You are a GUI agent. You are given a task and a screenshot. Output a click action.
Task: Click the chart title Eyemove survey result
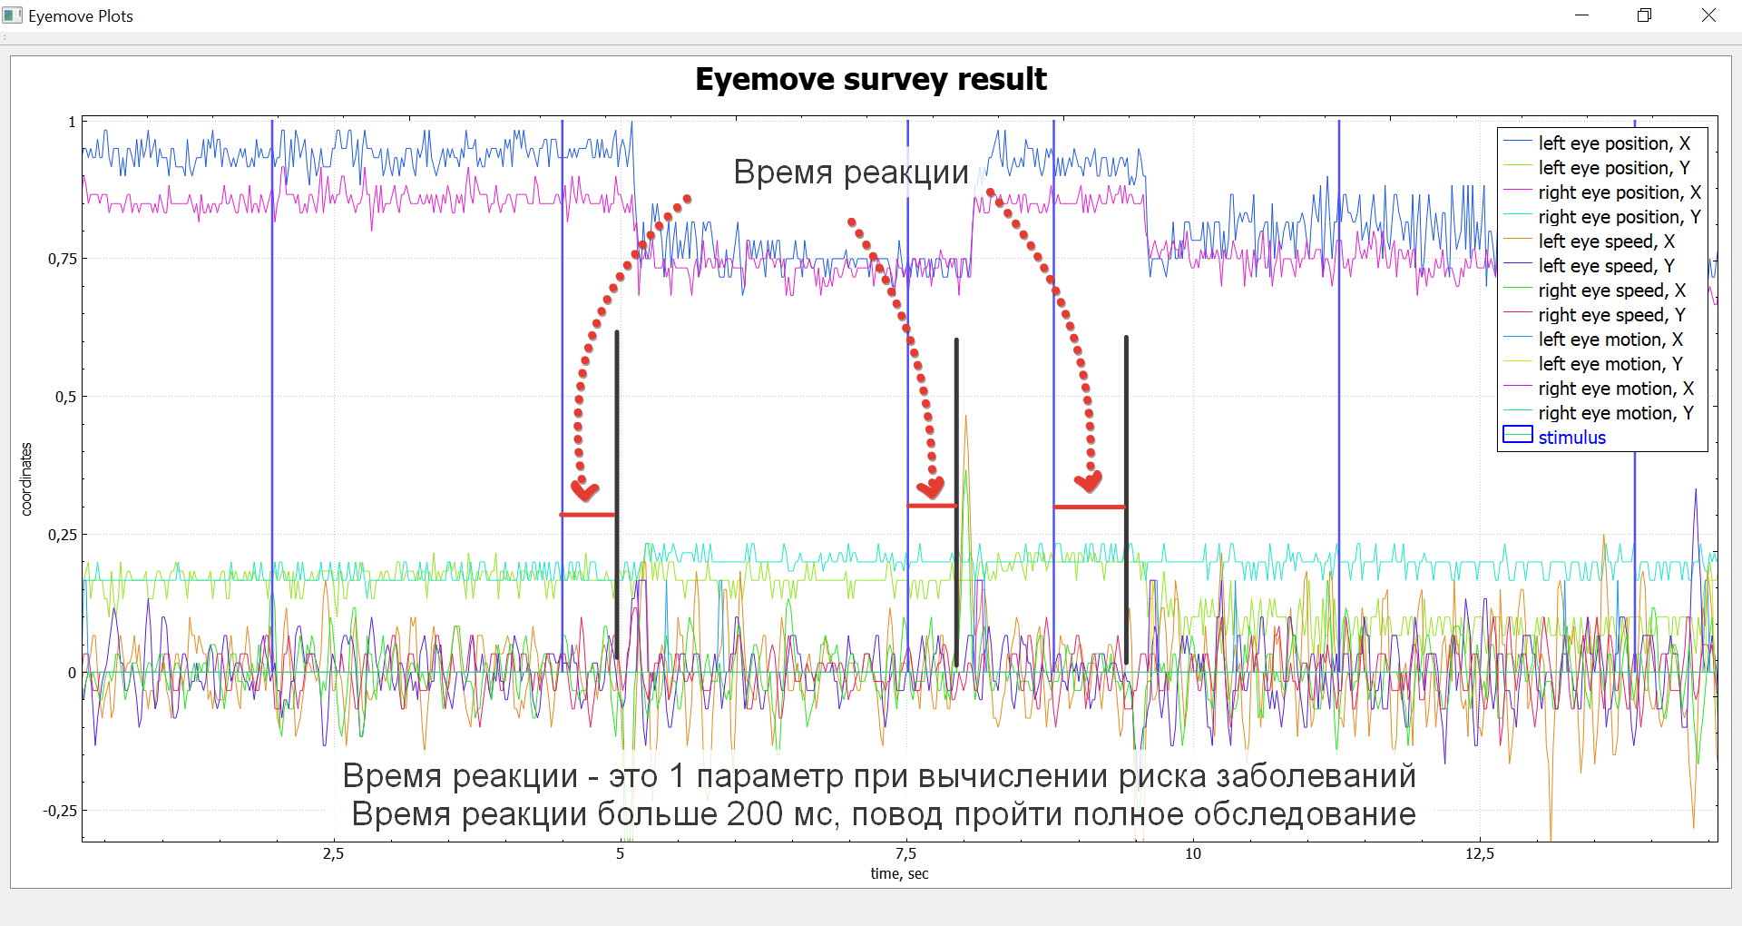(870, 80)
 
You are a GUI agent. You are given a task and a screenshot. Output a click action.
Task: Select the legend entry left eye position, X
(1613, 143)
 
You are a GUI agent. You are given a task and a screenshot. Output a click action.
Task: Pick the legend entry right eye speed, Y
(1611, 315)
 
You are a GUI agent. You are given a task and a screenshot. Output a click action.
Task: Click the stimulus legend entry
(1571, 438)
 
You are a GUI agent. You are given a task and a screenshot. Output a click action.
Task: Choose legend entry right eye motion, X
(1615, 389)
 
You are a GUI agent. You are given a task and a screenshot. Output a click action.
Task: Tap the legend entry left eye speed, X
(1606, 241)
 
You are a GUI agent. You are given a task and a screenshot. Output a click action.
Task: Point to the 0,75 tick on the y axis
(63, 260)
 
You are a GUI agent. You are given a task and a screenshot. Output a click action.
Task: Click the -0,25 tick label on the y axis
(60, 811)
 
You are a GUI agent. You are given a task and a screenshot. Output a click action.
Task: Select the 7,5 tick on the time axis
(905, 854)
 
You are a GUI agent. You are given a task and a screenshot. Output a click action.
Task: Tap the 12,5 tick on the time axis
(1479, 854)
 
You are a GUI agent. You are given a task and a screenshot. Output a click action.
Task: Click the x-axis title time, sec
(899, 874)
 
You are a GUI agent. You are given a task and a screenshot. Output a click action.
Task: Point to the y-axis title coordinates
(26, 479)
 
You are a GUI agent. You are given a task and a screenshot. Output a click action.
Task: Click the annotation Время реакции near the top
(850, 172)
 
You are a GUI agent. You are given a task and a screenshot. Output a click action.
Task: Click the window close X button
(1708, 15)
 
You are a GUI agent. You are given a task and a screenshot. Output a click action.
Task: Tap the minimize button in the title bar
(1582, 15)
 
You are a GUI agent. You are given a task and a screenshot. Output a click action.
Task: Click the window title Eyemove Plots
(80, 16)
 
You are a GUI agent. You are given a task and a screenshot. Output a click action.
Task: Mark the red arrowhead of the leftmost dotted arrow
(584, 491)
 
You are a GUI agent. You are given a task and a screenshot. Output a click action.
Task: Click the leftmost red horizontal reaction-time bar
(587, 515)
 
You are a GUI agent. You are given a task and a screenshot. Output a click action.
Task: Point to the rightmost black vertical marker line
(1126, 499)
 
